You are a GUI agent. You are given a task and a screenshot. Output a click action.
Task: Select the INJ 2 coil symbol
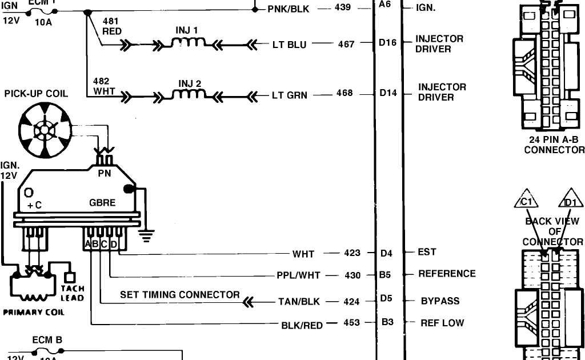189,94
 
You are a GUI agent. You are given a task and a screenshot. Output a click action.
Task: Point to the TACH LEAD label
72,293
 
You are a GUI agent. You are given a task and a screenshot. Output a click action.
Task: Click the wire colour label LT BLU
289,44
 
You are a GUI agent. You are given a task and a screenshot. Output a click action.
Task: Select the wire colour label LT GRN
289,95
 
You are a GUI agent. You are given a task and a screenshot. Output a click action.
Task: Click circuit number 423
352,253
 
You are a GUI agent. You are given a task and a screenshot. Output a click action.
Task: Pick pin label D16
387,42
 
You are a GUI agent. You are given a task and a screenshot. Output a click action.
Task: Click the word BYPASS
440,301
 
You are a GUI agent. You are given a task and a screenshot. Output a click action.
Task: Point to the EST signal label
427,252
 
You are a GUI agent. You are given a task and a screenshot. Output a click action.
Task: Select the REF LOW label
442,323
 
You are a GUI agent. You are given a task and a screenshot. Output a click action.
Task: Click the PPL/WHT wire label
298,275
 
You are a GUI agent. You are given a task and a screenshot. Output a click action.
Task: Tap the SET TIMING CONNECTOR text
180,295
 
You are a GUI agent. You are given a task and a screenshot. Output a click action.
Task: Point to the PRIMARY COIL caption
34,313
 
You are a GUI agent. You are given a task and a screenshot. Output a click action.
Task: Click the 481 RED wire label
111,26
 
